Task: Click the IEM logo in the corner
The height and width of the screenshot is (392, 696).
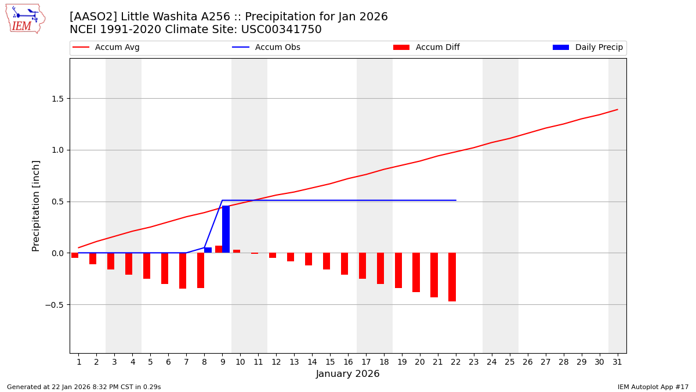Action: (25, 19)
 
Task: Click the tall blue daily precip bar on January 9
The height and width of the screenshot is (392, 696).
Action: (226, 229)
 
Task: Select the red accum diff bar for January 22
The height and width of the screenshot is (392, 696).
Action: (452, 277)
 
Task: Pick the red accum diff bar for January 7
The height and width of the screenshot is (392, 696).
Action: (183, 271)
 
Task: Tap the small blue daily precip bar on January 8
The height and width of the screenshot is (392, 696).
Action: (208, 250)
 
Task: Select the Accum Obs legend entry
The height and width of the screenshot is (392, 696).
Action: (277, 48)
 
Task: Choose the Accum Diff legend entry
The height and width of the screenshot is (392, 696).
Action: (437, 48)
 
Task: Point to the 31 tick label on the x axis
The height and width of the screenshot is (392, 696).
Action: (617, 362)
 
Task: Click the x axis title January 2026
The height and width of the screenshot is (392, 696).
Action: (347, 375)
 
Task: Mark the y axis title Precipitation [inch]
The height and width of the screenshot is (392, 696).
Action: (36, 206)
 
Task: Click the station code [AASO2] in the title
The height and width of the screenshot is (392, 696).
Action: (93, 17)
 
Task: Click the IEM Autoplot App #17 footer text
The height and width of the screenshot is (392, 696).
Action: (652, 387)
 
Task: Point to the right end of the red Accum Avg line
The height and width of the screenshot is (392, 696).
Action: (617, 110)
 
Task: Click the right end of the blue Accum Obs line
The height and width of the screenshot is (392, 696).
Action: (455, 200)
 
